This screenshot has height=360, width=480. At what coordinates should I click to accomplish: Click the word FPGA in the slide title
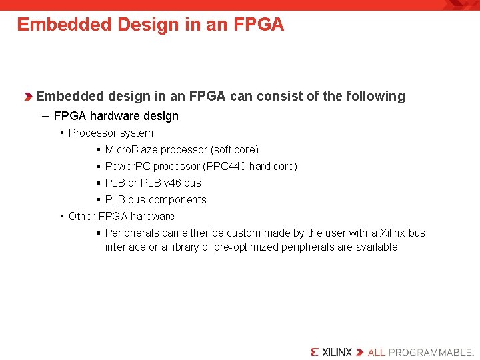(259, 25)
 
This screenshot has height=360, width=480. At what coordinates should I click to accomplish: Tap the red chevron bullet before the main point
(28, 97)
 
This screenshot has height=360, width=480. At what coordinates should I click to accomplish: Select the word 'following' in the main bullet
(375, 96)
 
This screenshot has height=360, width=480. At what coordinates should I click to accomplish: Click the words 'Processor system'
(111, 133)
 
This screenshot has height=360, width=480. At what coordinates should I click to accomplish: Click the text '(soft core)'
(234, 149)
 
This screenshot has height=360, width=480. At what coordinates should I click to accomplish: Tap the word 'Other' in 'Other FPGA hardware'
(82, 216)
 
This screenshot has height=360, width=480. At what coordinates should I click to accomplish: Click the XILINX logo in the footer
(331, 351)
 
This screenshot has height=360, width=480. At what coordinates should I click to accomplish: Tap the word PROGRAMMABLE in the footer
(431, 351)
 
